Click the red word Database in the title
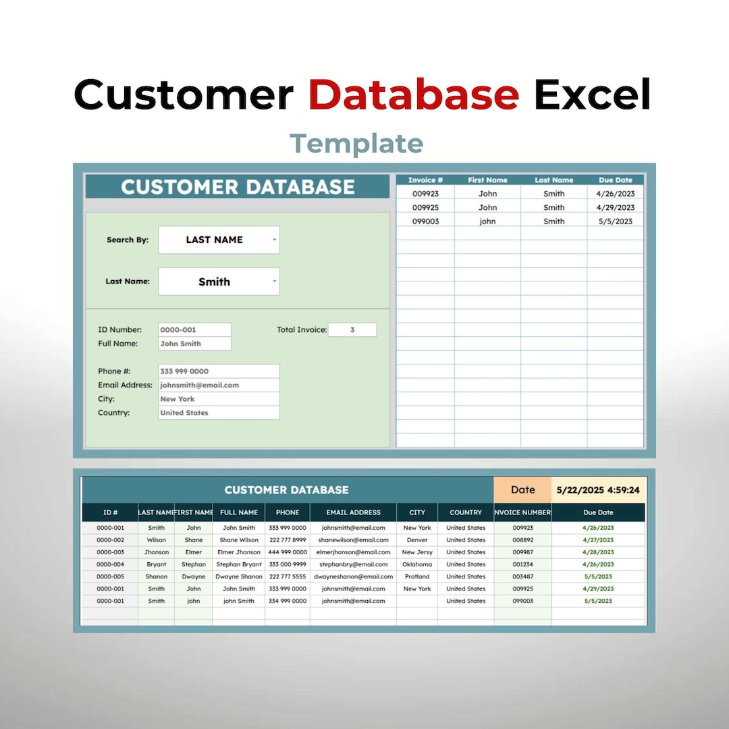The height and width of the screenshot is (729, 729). pos(413,94)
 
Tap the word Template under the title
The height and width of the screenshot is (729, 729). pos(356,143)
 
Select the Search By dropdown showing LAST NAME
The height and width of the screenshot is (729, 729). pos(219,240)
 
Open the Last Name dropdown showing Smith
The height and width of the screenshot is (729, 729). pos(219,281)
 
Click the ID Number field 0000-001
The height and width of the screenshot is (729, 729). pos(194,330)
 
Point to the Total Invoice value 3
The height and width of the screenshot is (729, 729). pos(352,330)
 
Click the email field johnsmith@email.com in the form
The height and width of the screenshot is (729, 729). pos(219,385)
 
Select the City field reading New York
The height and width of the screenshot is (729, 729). pos(219,399)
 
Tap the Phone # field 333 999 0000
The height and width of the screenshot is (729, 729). pos(219,371)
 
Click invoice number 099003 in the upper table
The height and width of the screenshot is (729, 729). pos(425,221)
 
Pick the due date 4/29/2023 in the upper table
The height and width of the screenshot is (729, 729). pos(616,208)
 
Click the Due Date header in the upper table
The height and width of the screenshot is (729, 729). pos(616,180)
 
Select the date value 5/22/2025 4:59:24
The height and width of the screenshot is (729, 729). pos(598,490)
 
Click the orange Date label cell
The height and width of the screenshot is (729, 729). pos(522,490)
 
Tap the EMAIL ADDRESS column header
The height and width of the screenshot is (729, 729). pos(353,512)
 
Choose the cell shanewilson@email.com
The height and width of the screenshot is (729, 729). pos(353,540)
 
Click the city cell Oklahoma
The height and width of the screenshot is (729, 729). pos(417,564)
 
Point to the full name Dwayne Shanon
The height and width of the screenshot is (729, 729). pos(239,576)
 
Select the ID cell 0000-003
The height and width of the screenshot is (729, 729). pos(110,552)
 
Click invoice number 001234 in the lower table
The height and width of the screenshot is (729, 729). pos(522,564)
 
